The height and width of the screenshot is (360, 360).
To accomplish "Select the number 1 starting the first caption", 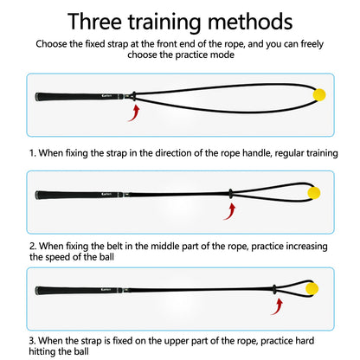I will pos(32,152).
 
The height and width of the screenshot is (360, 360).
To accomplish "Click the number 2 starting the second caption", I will pos(32,245).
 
